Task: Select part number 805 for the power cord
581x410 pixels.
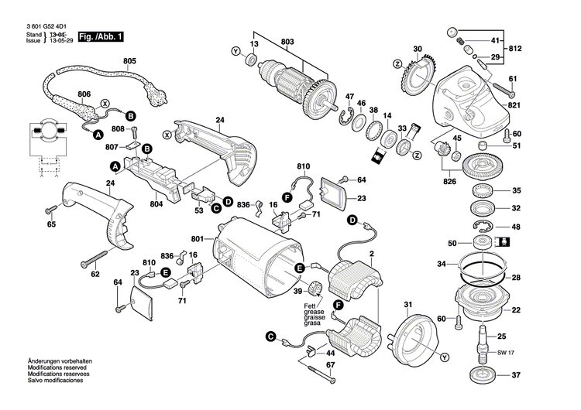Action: (128, 61)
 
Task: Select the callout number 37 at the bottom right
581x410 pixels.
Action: (516, 377)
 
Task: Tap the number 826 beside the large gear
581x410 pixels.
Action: (450, 183)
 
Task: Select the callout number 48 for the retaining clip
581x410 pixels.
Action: (516, 227)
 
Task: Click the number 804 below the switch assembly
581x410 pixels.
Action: (156, 204)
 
